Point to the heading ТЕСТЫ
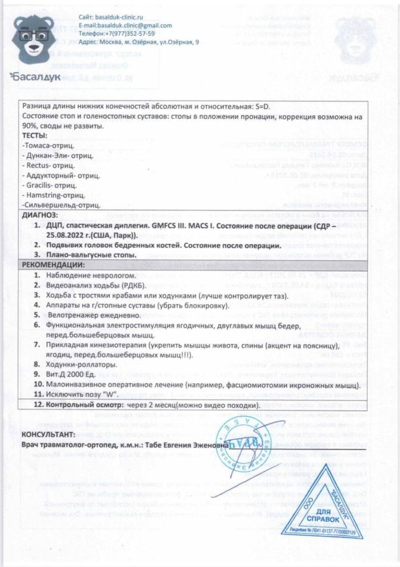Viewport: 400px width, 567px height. coord(34,136)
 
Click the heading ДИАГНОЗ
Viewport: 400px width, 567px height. coord(39,214)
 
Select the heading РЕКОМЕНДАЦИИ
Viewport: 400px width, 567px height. coord(53,264)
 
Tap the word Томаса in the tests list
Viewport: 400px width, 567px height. coord(37,145)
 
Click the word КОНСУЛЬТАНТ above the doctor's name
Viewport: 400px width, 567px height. coord(48,433)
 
